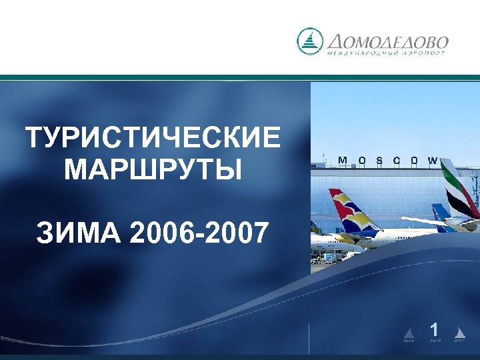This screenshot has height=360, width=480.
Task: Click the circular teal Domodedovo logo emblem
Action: click(x=309, y=41)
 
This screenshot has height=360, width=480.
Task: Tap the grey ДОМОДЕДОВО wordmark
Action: click(x=387, y=41)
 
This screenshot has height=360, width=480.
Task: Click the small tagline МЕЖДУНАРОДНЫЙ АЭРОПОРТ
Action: click(x=387, y=53)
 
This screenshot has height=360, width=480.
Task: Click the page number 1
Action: click(x=434, y=329)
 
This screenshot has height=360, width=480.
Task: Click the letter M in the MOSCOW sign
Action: click(x=343, y=161)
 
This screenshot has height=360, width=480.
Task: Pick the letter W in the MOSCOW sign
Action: click(x=433, y=161)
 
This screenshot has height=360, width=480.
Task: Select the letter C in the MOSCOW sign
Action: click(x=397, y=161)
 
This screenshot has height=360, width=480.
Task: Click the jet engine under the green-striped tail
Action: click(x=469, y=225)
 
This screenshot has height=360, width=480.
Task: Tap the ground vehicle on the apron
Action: click(x=329, y=257)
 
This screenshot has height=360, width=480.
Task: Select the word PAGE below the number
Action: click(x=435, y=341)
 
